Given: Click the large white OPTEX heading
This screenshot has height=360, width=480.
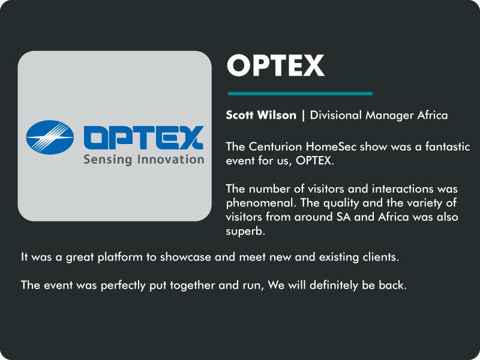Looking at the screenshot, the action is pos(275,65).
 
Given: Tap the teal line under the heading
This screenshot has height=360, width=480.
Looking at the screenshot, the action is pos(300,94).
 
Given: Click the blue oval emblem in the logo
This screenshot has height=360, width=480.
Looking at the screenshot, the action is pos(50,137).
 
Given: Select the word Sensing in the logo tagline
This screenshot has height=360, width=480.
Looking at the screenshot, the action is pos(108,160).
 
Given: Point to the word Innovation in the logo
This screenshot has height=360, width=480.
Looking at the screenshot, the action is pos(171,159).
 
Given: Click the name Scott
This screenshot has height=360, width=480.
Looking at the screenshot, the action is pos(239,115).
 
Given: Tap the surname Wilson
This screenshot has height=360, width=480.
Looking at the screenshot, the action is pos(277,115).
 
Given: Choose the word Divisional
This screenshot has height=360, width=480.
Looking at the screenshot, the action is pos(336,115).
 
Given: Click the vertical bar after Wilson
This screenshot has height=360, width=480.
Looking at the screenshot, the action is pos(303,115).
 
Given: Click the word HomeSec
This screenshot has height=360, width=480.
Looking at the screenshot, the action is pos(331,146).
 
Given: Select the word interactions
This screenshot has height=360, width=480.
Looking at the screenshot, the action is pos(403,189).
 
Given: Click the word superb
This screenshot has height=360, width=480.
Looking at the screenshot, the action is pos(245,232).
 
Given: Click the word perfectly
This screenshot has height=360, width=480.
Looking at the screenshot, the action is pos(123,286).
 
